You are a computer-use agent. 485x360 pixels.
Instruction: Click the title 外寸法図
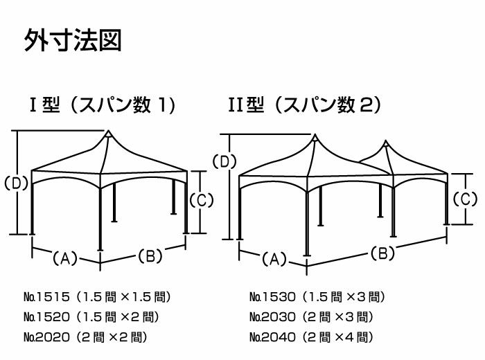(73, 40)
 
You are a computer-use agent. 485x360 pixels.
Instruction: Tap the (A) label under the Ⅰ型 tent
(64, 258)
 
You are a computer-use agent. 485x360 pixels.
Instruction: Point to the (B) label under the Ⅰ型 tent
(150, 255)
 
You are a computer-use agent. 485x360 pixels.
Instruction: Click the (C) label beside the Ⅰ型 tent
(201, 200)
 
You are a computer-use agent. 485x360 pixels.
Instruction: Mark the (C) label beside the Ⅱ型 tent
(465, 199)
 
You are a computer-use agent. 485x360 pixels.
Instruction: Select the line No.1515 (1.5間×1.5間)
(96, 298)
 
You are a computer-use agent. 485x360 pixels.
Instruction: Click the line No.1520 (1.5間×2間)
(91, 317)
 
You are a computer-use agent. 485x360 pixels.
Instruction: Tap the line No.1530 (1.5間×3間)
(316, 298)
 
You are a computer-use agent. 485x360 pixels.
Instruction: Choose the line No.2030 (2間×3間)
(310, 317)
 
